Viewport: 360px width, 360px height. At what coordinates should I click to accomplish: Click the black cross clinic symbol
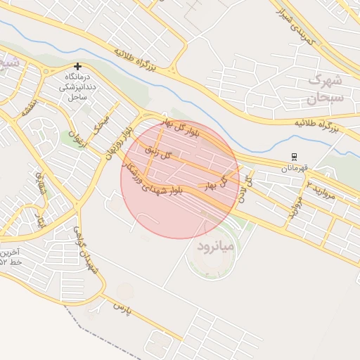(77, 66)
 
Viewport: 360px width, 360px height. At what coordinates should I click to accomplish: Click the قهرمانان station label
(295, 168)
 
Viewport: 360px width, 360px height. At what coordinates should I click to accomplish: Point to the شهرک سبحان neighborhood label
(324, 87)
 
